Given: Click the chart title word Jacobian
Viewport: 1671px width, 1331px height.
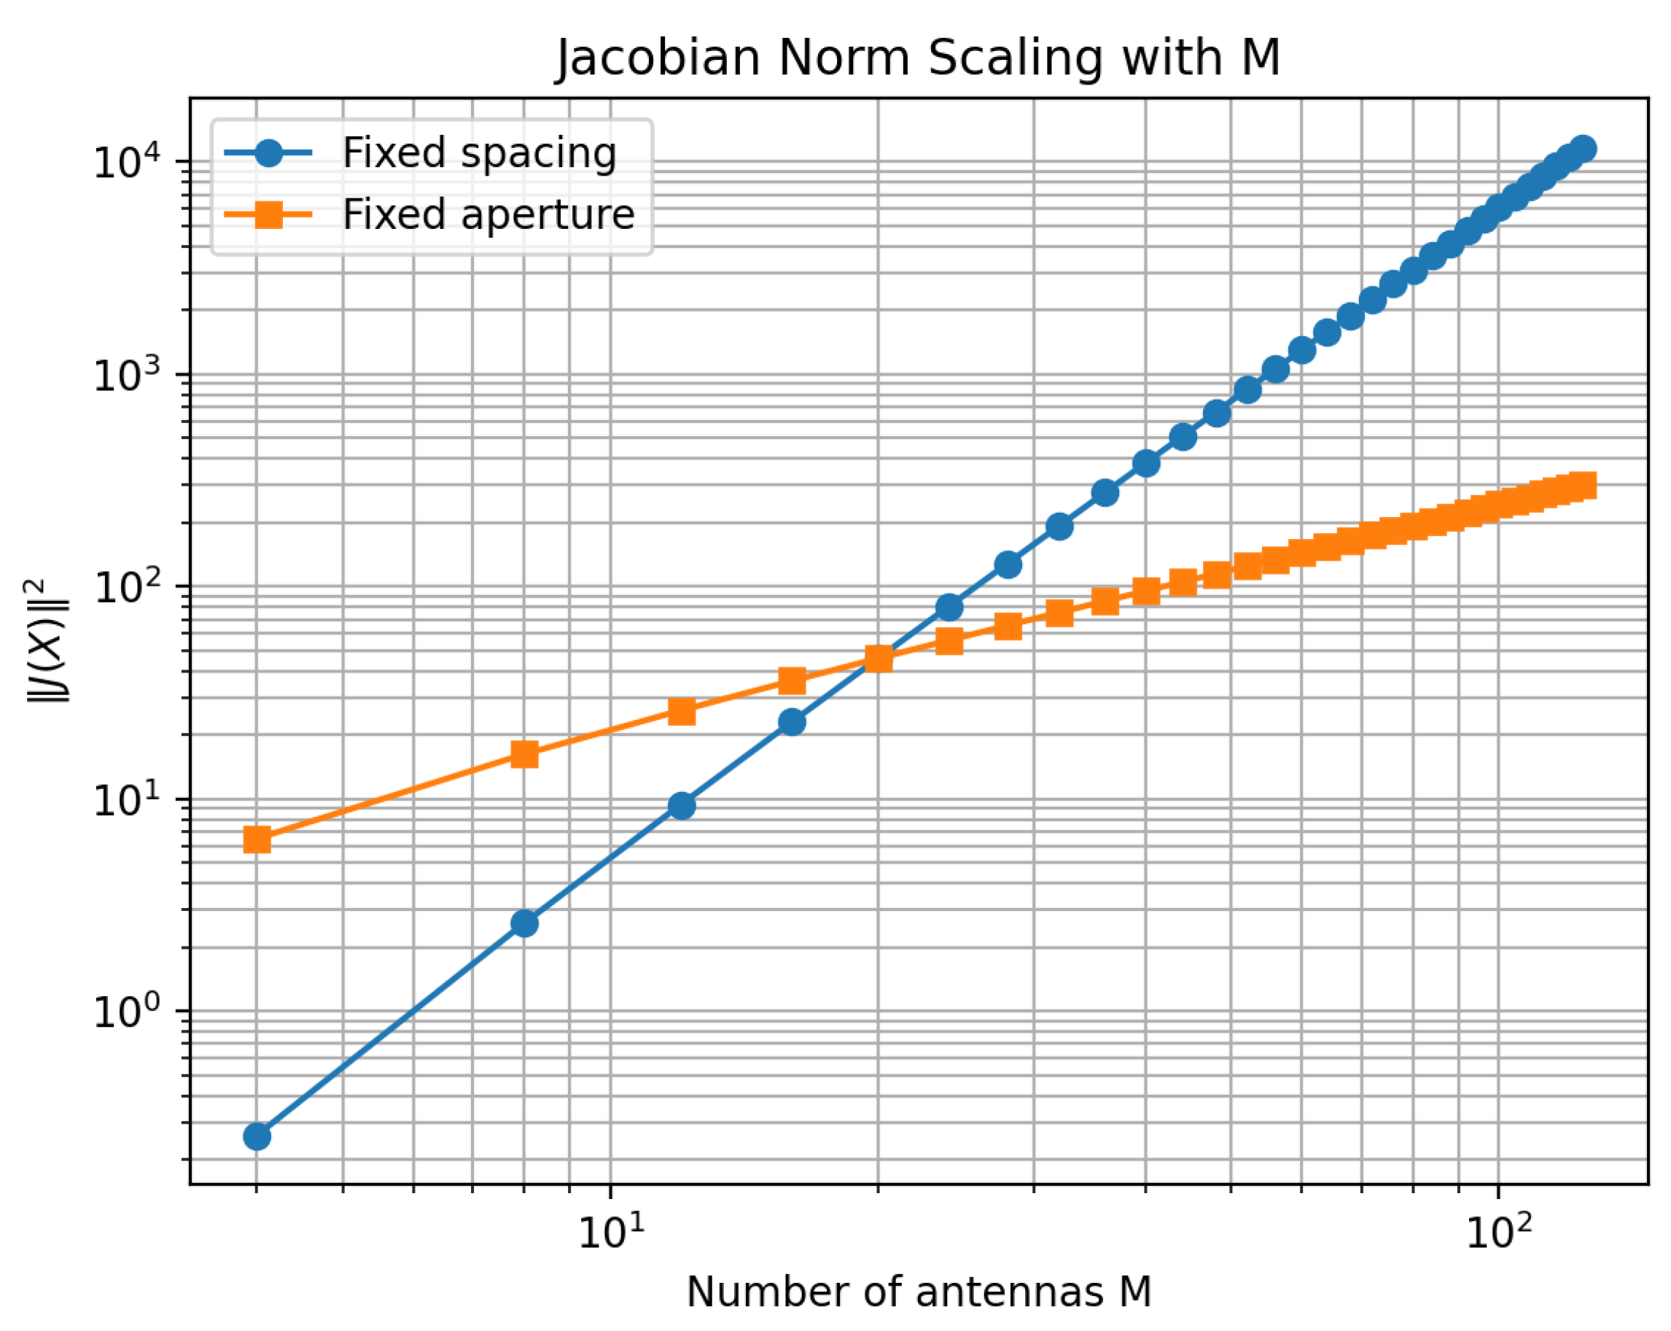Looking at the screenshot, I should point(658,58).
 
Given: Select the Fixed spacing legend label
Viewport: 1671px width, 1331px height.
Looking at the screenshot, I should point(479,152).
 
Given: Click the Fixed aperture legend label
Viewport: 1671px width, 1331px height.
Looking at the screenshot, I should point(488,214).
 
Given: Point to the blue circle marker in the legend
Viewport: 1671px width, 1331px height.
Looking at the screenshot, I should point(268,152).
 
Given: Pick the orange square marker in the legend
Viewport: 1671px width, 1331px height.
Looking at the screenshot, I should point(268,214).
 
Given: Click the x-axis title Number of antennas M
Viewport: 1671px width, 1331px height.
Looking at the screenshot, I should point(919,1292).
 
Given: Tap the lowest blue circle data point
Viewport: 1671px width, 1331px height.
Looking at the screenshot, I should point(257,1136).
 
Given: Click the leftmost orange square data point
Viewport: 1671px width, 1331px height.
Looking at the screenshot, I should point(257,839).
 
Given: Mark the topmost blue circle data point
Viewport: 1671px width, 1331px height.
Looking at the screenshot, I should point(1583,148).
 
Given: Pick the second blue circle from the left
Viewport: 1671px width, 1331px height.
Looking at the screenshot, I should point(525,923).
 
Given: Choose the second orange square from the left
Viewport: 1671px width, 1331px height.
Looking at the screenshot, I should point(525,754).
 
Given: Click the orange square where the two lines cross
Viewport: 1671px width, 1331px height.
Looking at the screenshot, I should point(878,659).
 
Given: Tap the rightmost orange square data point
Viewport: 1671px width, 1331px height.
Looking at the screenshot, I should point(1583,486).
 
